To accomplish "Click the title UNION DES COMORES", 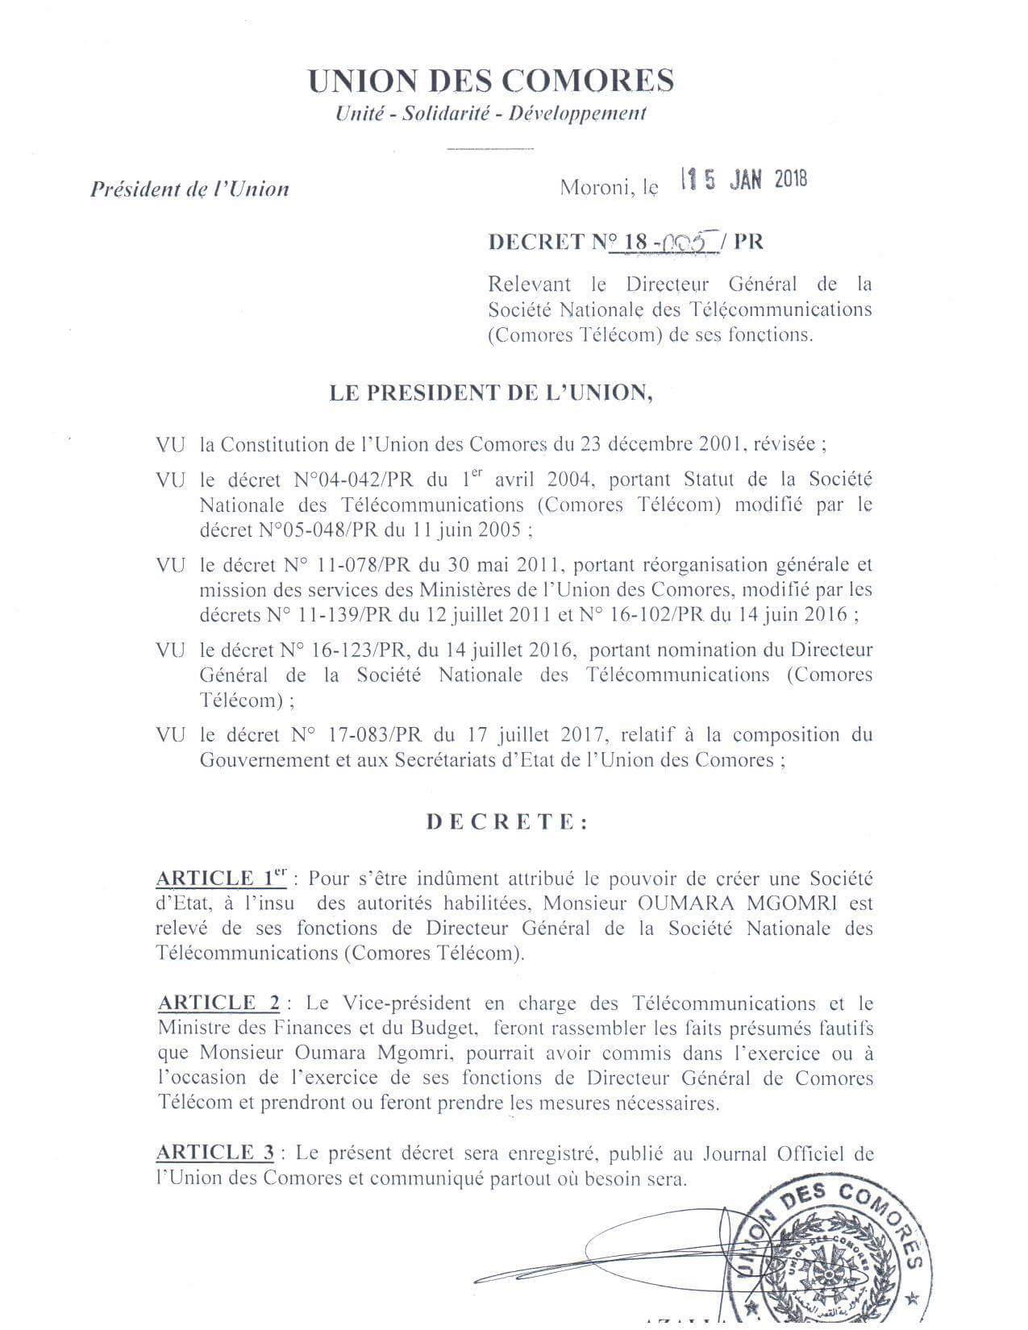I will click(x=491, y=81).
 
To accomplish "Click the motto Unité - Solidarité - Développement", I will click(x=490, y=114).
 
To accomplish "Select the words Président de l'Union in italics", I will click(x=189, y=189).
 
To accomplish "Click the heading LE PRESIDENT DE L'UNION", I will click(x=491, y=393).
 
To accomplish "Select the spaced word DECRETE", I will click(x=507, y=822).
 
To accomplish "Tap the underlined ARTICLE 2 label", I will click(x=219, y=1003).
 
